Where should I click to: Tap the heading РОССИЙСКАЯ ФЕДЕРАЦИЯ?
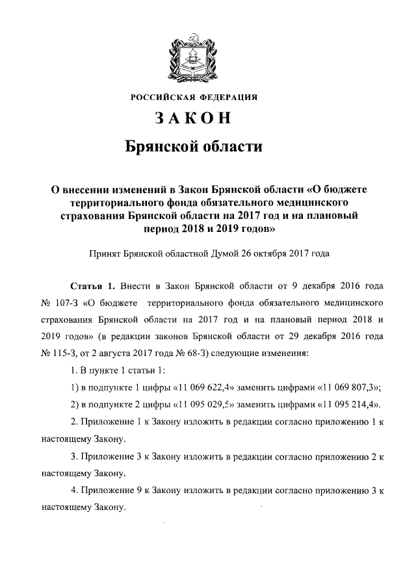[194, 97]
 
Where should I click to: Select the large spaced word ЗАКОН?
[194, 119]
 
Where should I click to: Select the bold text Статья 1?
[92, 286]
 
